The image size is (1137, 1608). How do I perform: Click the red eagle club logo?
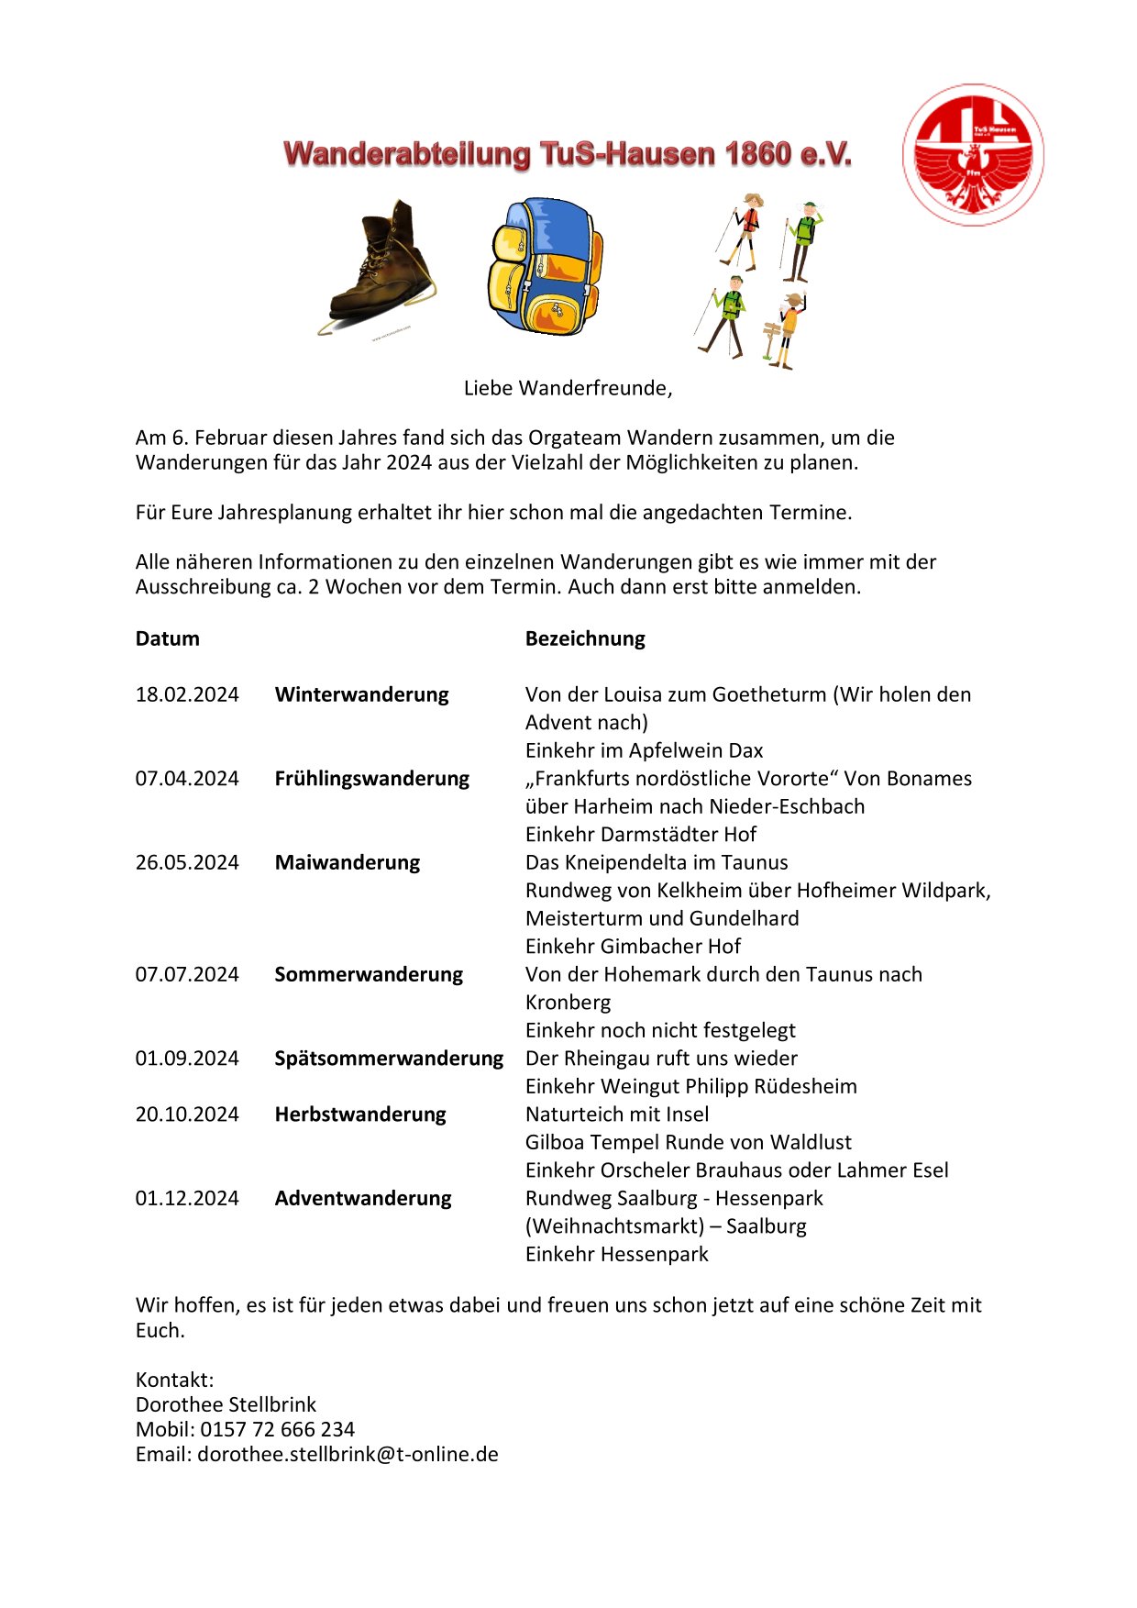(x=973, y=155)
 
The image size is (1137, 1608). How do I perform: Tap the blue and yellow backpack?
(x=545, y=266)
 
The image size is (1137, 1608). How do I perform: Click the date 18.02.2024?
(x=187, y=694)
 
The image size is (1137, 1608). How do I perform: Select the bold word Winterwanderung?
(x=361, y=694)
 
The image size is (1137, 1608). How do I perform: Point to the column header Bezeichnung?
(x=585, y=638)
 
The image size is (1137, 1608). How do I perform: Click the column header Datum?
(x=167, y=638)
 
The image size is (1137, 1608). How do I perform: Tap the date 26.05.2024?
(x=187, y=862)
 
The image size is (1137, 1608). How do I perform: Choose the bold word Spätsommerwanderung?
(x=389, y=1059)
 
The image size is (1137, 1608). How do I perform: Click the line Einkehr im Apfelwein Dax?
(x=644, y=750)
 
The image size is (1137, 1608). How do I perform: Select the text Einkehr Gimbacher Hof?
(x=633, y=946)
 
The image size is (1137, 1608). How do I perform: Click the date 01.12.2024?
(x=187, y=1198)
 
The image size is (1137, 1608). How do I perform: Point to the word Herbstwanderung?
(x=360, y=1115)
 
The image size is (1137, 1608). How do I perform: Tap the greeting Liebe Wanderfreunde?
(x=568, y=388)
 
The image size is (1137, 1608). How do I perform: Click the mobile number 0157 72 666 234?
(x=277, y=1429)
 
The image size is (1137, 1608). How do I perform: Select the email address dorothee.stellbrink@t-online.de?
(x=348, y=1454)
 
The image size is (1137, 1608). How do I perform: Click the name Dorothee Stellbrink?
(x=226, y=1404)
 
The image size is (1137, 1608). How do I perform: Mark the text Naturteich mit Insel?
(x=617, y=1115)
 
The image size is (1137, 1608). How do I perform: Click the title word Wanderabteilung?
(x=407, y=153)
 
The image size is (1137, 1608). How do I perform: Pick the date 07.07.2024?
(x=187, y=974)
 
